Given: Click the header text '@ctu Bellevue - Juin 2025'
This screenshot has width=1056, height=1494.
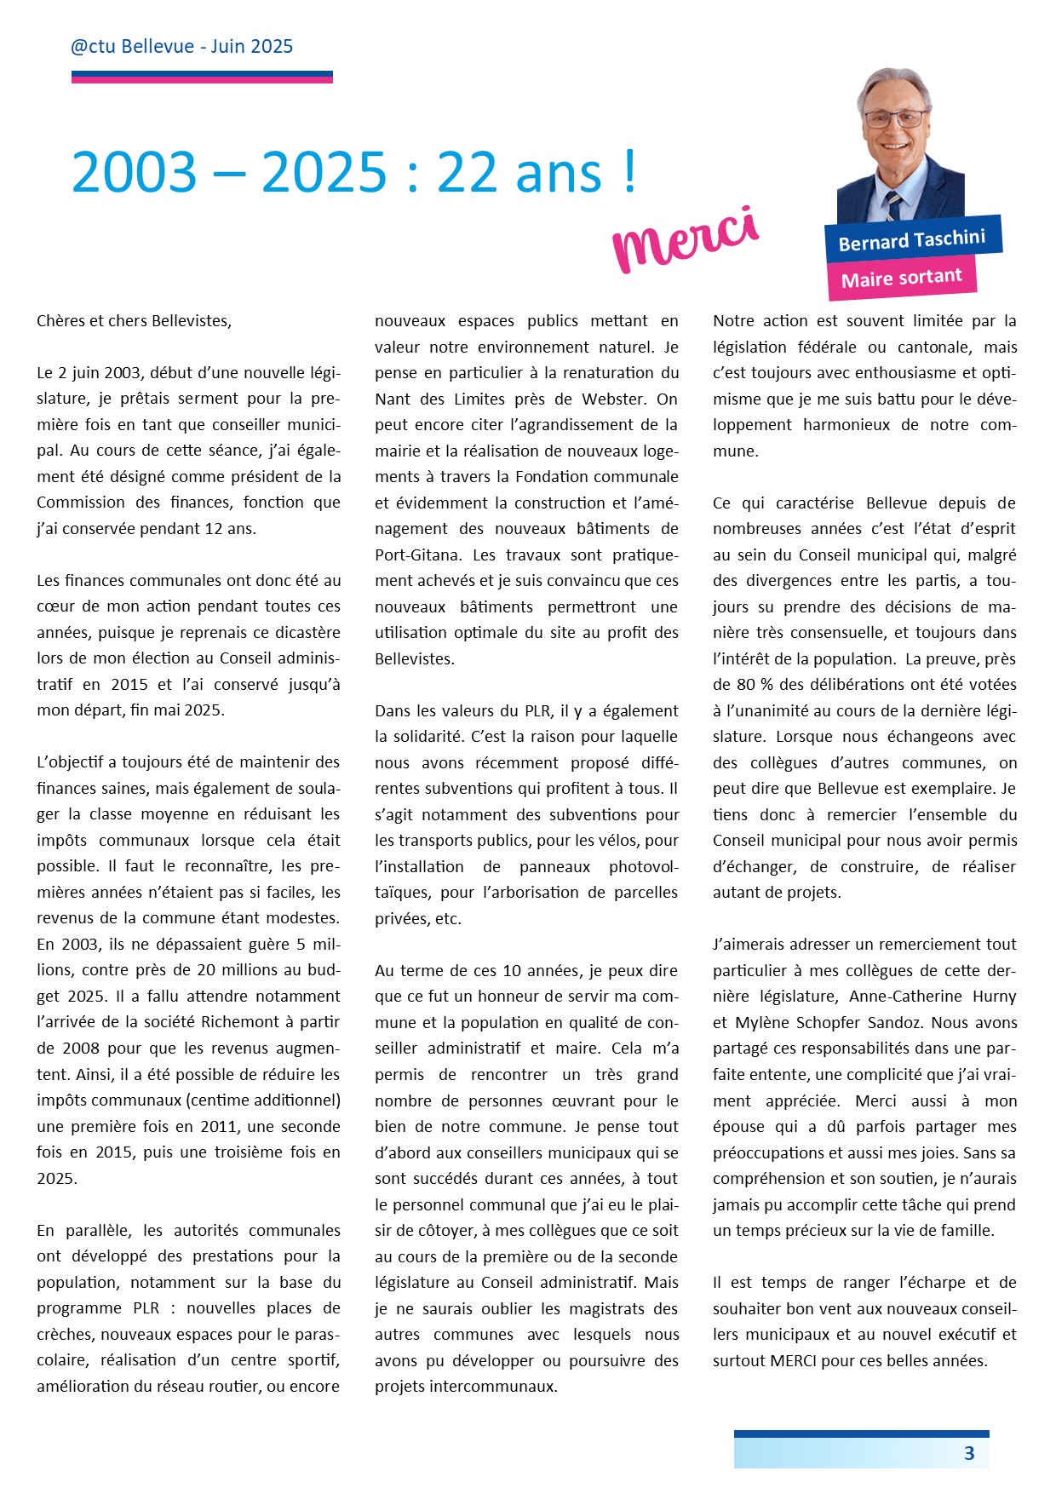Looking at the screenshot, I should [181, 47].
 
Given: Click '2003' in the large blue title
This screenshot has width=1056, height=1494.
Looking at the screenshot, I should [135, 173].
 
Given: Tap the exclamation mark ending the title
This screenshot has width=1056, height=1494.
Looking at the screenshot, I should [628, 170].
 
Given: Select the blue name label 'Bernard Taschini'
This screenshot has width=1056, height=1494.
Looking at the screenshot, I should [912, 240].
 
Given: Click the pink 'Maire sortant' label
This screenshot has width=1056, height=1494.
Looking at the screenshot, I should [901, 279].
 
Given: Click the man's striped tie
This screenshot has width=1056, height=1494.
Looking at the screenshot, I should [892, 205].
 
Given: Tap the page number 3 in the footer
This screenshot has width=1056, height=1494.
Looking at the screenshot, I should [968, 1454].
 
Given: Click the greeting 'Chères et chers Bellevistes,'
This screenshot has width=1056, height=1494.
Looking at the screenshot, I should [134, 321].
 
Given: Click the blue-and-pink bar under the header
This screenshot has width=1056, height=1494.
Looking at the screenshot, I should [202, 77].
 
